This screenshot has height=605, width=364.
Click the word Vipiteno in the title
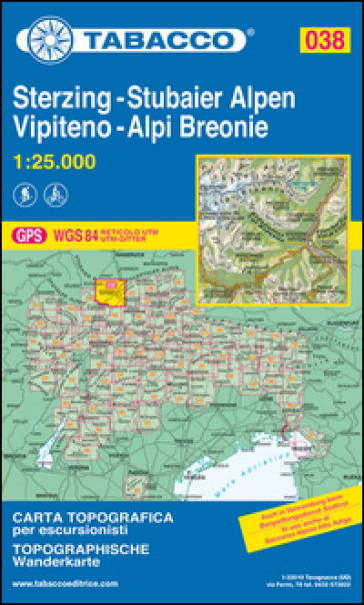pyautogui.click(x=62, y=128)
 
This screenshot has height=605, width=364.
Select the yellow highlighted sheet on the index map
pyautogui.click(x=106, y=290)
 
